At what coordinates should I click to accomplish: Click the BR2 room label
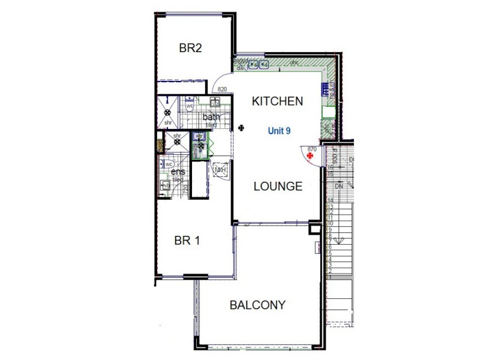pos(190,49)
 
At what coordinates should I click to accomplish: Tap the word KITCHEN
pos(277,101)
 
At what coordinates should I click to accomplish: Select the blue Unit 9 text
pos(280,130)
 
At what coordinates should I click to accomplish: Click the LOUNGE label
pos(278,186)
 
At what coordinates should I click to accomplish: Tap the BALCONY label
pos(257,305)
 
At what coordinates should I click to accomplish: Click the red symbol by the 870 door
pos(310,156)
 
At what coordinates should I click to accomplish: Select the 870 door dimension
pos(311,148)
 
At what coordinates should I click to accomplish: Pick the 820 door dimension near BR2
pos(222,89)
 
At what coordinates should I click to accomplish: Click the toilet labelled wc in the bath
pos(189,106)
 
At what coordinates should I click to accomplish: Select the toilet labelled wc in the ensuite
pos(169,163)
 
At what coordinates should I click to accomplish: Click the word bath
pos(211,117)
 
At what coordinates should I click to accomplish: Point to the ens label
pos(178,173)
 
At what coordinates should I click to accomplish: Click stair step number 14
pos(330,200)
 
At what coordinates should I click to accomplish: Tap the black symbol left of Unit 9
pos(241,127)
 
